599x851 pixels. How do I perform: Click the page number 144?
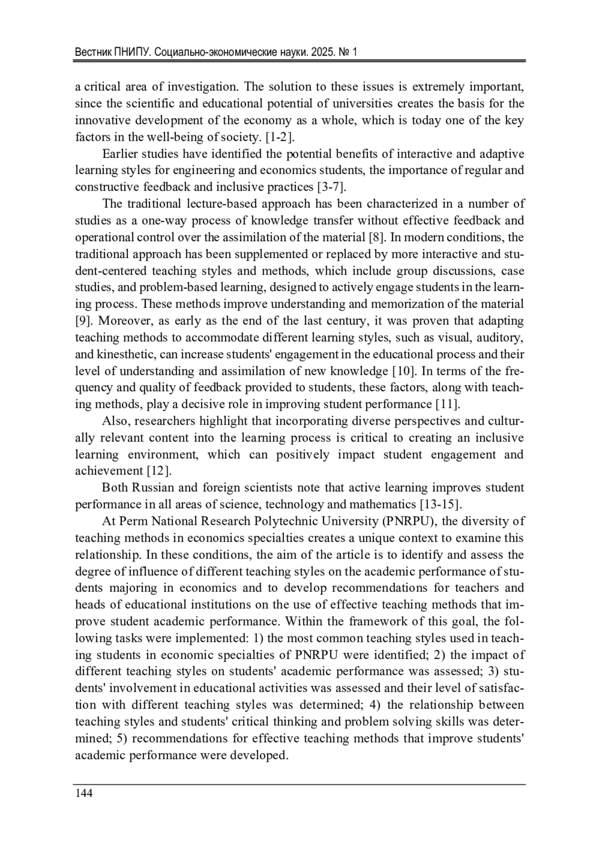(83, 793)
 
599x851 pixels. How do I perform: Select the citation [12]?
(159, 471)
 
